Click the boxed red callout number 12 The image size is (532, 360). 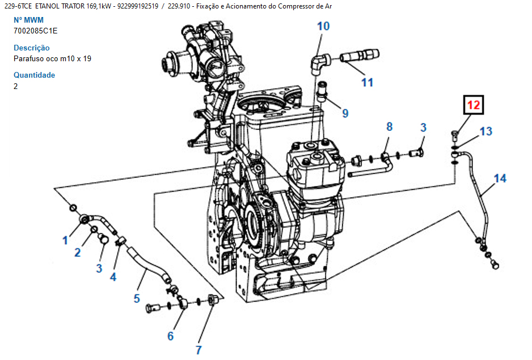[474, 105]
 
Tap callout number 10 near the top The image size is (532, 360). [323, 26]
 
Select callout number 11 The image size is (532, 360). [367, 82]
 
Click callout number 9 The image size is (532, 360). [345, 113]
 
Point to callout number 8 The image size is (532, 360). [390, 126]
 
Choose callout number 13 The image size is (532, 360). [486, 132]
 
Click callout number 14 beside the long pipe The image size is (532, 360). [500, 179]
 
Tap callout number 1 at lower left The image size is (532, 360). [65, 240]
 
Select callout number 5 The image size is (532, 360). [137, 299]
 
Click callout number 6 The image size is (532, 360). [171, 336]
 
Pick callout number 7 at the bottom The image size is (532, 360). [199, 350]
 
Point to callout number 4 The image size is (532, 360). [113, 277]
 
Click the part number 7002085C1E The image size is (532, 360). [36, 31]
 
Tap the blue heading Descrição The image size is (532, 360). [32, 48]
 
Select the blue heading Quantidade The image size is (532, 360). [34, 75]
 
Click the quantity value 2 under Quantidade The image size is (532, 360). [16, 86]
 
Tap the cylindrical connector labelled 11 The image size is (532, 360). [360, 56]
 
